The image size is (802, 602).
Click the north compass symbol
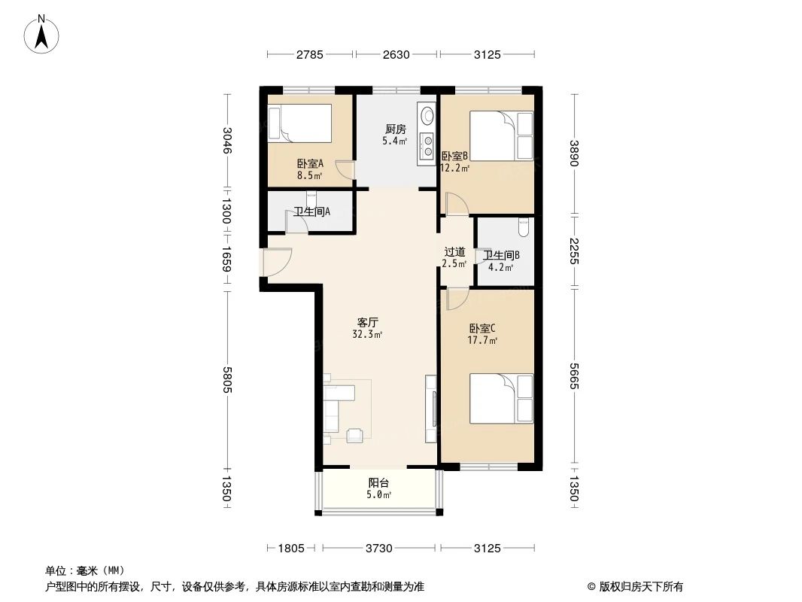[x=44, y=34]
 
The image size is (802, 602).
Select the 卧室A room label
[x=310, y=163]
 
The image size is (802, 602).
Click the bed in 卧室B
[x=501, y=135]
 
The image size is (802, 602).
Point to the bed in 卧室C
[x=501, y=399]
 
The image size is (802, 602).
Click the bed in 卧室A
[x=300, y=123]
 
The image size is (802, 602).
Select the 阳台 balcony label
[x=378, y=483]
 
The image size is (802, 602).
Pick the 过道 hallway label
[x=454, y=252]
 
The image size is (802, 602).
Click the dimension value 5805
[x=227, y=383]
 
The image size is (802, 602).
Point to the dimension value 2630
[x=396, y=54]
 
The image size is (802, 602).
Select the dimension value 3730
[x=378, y=549]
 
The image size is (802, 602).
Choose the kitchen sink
[x=427, y=117]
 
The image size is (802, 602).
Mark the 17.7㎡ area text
[x=482, y=340]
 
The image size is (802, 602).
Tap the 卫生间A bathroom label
[x=311, y=212]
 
